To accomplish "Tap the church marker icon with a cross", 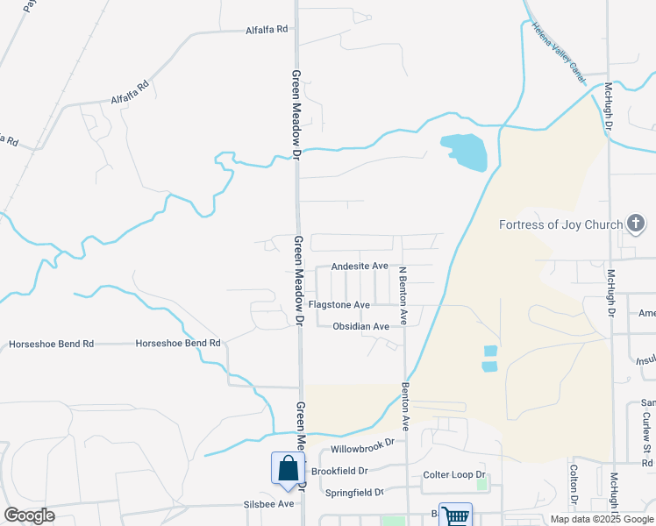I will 636,225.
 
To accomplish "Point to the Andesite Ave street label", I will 360,266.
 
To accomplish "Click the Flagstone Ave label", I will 339,305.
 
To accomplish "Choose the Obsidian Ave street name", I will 360,326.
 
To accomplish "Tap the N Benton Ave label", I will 403,296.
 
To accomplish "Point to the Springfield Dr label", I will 355,493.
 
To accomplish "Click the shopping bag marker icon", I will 288,471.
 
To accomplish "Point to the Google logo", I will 29,515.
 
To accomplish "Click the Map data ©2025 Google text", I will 602,519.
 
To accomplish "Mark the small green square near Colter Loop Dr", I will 481,484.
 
